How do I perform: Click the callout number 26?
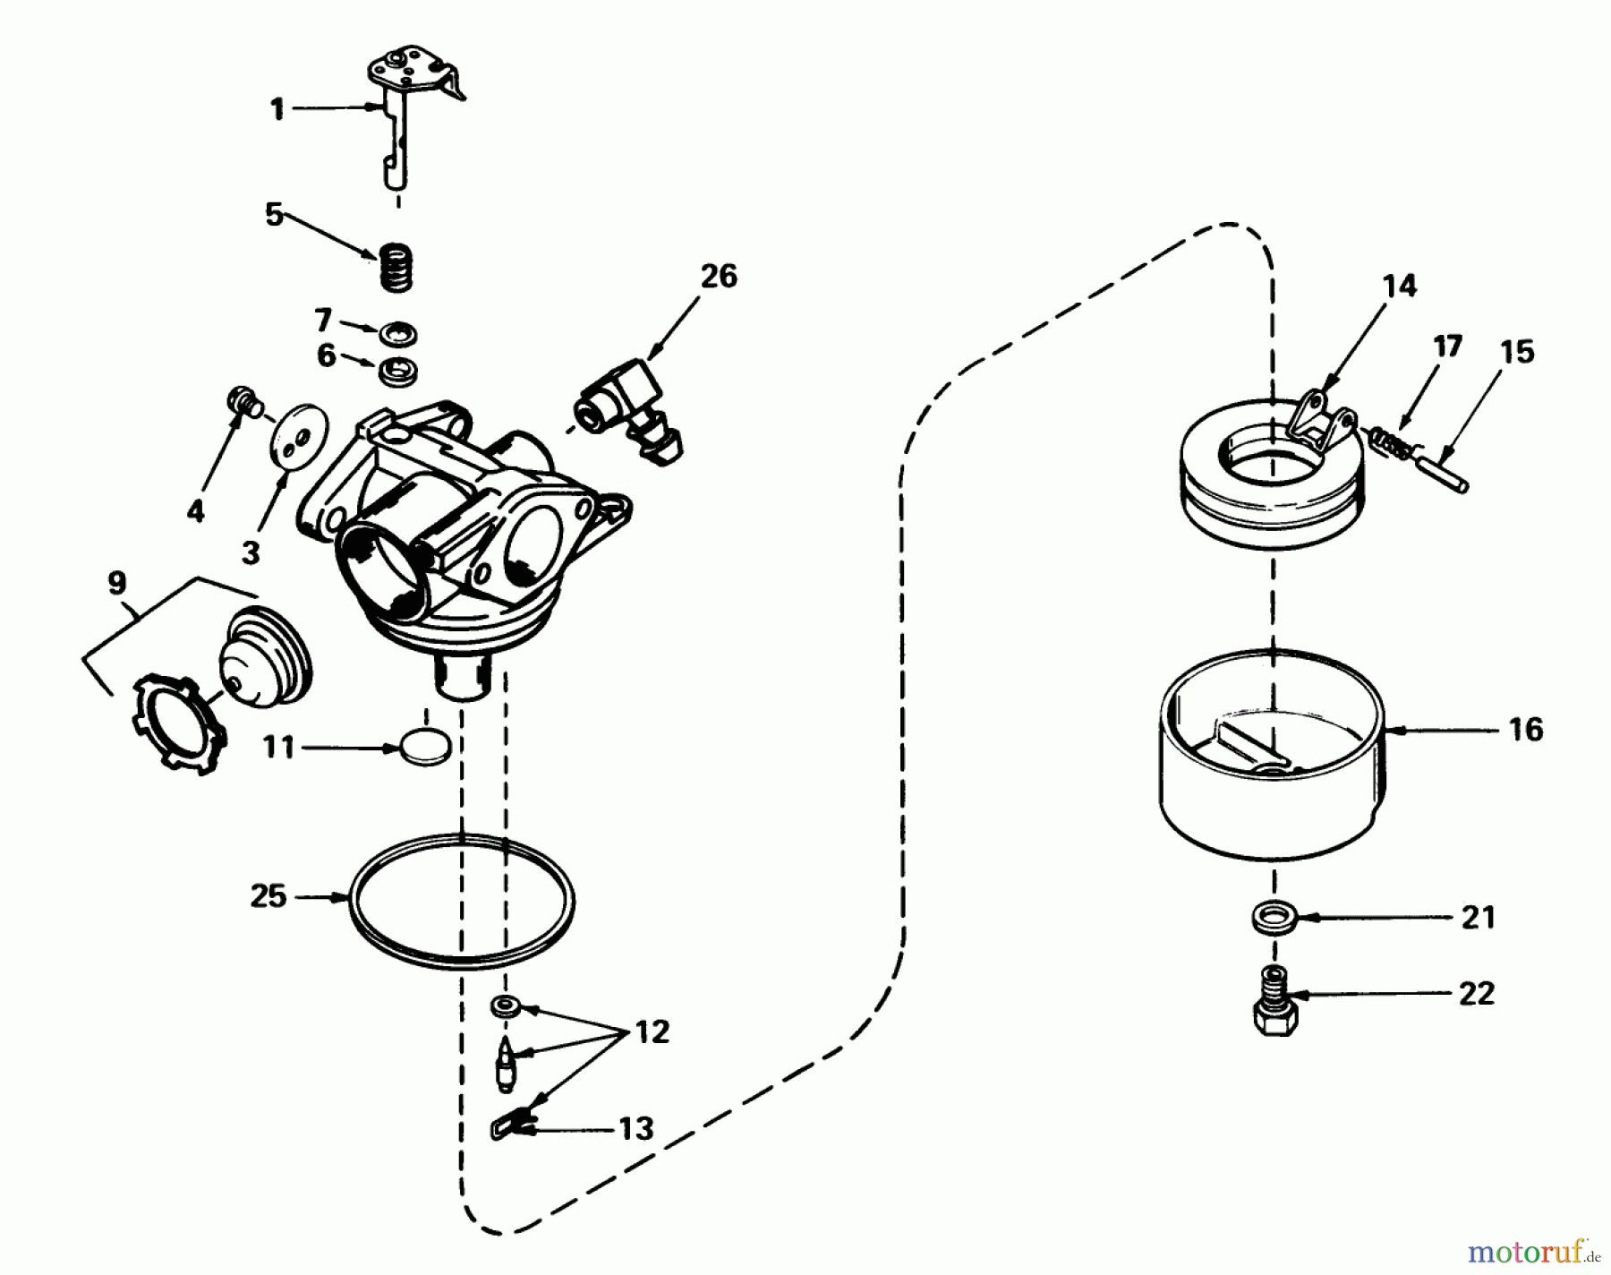(x=719, y=276)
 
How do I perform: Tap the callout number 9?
(x=116, y=584)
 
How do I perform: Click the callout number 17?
(x=1447, y=346)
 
